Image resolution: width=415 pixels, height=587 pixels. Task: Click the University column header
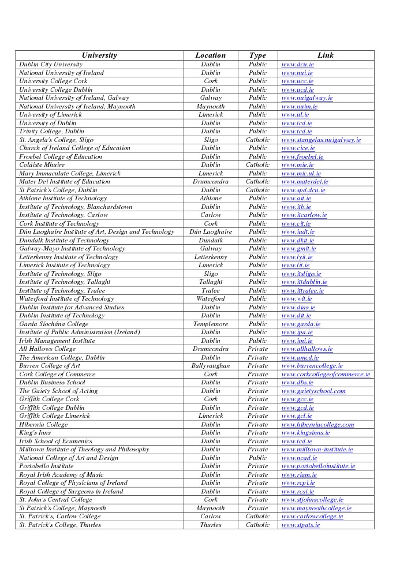pos(99,55)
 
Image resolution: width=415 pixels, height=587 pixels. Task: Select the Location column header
pos(211,55)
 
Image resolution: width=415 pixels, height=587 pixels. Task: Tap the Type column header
pos(257,55)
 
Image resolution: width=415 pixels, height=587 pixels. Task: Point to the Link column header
pos(326,55)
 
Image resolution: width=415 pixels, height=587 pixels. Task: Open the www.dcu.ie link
pos(297,65)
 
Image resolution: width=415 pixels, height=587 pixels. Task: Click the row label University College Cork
pos(53,81)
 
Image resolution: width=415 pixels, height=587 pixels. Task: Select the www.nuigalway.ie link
pos(306,98)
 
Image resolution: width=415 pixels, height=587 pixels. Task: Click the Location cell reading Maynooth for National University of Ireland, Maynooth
pos(211,107)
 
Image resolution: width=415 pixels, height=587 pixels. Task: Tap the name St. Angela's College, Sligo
pos(56,140)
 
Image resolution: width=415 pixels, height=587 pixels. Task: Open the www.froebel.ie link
pos(302,157)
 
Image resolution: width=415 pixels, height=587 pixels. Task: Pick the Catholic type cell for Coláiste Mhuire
pos(257,165)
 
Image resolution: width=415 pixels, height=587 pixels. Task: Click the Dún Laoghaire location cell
pos(211,232)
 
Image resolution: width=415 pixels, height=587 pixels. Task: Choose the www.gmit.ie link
pos(298,249)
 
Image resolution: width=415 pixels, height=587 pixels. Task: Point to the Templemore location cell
pos(211,324)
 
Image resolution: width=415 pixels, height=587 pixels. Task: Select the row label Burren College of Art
pos(50,366)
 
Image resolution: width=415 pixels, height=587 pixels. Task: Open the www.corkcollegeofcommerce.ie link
pos(326,375)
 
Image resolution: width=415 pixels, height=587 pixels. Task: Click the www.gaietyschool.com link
pos(313,391)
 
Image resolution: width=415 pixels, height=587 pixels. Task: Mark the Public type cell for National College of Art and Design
pos(257,458)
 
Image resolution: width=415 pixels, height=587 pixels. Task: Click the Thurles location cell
pos(211,525)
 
